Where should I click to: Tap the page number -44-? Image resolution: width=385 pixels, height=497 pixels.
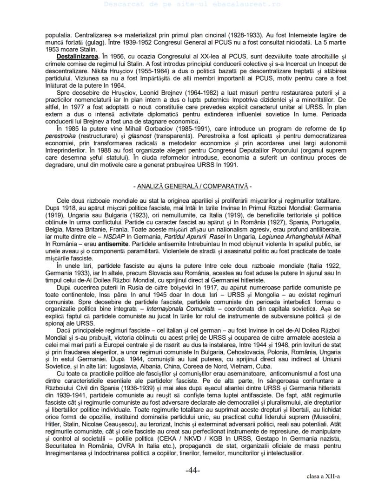point(192,471)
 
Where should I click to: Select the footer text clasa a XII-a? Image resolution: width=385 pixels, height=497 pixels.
point(323,476)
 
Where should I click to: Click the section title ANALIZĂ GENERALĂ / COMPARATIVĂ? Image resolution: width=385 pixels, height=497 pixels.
point(192,186)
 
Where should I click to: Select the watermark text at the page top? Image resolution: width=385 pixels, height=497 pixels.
point(192,4)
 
